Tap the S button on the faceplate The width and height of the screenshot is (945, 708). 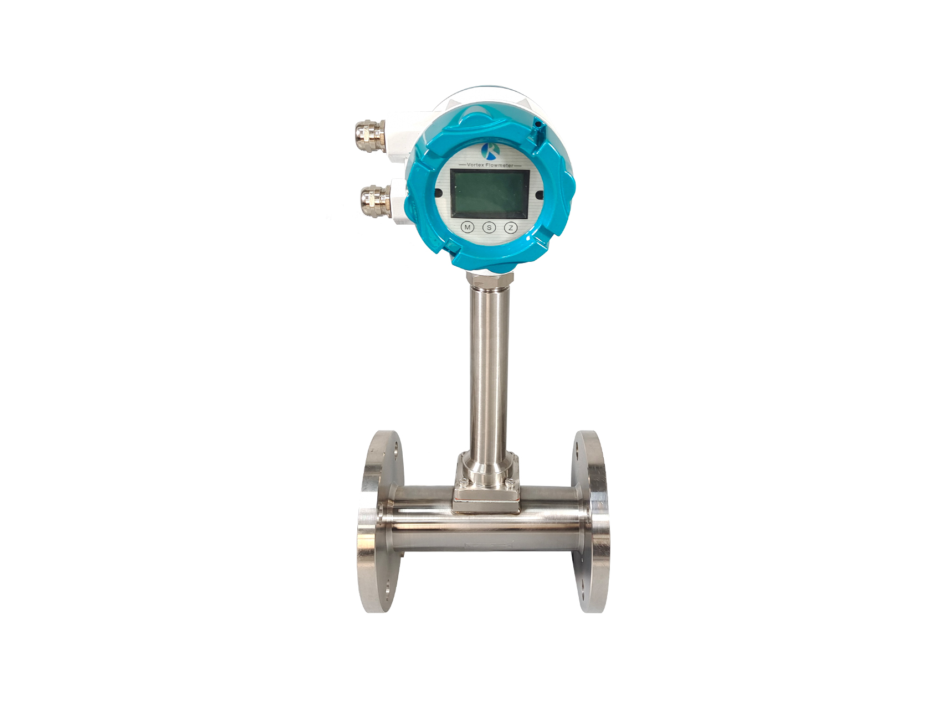tap(489, 228)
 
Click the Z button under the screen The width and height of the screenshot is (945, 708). tap(511, 228)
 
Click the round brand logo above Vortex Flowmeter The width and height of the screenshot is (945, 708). tap(491, 151)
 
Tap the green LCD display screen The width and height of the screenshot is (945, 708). tap(490, 194)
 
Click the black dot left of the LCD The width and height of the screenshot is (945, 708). tap(439, 193)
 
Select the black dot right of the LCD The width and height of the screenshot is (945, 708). tap(539, 194)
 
